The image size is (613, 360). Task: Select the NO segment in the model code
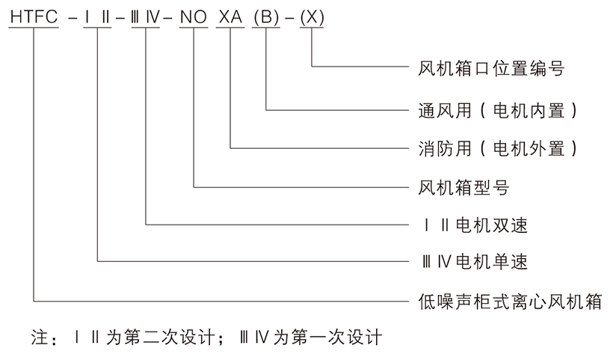pyautogui.click(x=194, y=16)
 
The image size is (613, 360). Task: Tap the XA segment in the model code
pyautogui.click(x=230, y=16)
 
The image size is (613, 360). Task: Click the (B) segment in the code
pyautogui.click(x=265, y=16)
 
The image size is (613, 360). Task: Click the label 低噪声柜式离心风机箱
pyautogui.click(x=508, y=302)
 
